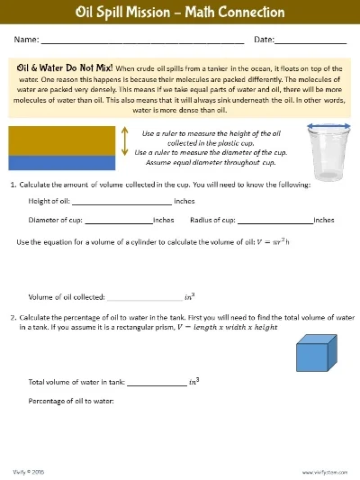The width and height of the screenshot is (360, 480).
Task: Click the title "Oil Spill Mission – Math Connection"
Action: click(180, 13)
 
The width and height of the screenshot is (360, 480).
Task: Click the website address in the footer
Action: click(324, 471)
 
